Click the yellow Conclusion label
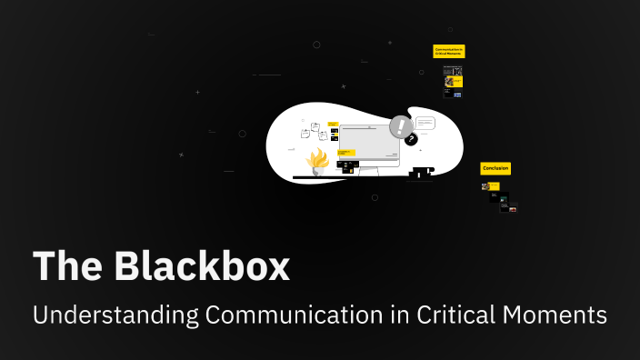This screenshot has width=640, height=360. tap(495, 168)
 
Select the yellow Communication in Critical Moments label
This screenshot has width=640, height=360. tap(449, 52)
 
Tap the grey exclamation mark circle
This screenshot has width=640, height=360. tap(400, 126)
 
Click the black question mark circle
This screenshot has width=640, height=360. tap(411, 139)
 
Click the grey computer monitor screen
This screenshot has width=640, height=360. tap(368, 141)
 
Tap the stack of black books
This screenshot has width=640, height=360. tap(421, 172)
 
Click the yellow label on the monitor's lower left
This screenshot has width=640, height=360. tap(346, 154)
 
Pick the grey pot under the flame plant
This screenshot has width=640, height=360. tap(317, 172)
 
